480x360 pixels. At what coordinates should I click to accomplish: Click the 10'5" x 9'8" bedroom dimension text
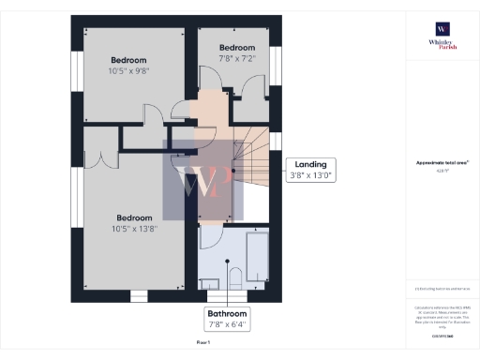(x=129, y=71)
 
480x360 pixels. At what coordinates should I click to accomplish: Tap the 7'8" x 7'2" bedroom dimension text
(x=237, y=58)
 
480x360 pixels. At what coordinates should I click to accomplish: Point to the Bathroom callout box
(x=228, y=319)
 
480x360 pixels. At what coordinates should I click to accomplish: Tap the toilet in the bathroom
(x=235, y=276)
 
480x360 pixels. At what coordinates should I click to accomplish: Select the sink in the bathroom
(x=213, y=279)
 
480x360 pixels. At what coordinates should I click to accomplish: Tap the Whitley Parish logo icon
(x=442, y=29)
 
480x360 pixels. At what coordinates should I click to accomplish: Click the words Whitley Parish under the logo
(x=442, y=45)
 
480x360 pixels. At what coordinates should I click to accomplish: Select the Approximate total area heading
(x=442, y=162)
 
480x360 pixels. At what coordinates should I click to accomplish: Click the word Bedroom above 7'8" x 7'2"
(x=237, y=47)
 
